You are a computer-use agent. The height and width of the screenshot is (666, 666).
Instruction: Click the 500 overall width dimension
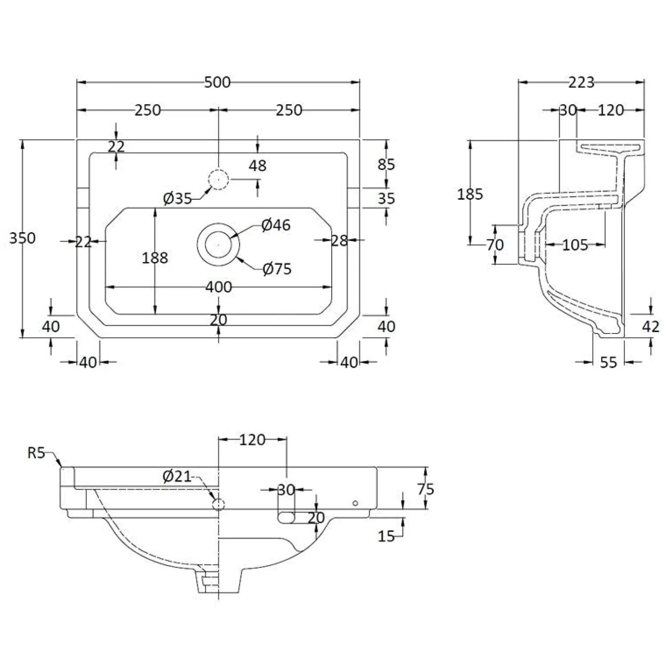(x=218, y=82)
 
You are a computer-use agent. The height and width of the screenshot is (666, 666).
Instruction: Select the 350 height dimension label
(x=22, y=238)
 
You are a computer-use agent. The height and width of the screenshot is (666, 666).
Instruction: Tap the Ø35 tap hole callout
(x=177, y=199)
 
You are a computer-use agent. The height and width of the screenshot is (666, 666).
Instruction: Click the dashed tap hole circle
(x=218, y=180)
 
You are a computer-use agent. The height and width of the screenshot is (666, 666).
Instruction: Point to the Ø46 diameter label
(x=276, y=225)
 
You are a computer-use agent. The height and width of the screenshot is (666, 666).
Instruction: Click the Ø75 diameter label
(x=277, y=269)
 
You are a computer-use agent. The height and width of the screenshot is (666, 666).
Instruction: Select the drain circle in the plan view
(x=218, y=245)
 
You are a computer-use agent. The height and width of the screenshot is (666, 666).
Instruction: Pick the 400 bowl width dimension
(x=218, y=287)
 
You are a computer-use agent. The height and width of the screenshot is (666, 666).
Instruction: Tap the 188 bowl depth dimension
(x=155, y=258)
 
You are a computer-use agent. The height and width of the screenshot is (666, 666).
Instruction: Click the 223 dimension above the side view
(x=581, y=82)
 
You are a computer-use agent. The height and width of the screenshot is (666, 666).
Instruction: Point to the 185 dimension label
(x=470, y=194)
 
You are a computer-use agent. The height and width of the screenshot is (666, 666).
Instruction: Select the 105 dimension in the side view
(x=575, y=245)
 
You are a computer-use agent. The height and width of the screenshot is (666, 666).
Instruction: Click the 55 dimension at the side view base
(x=608, y=362)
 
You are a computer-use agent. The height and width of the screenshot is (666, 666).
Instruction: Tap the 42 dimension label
(x=651, y=327)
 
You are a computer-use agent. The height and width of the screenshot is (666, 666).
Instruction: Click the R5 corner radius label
(x=36, y=453)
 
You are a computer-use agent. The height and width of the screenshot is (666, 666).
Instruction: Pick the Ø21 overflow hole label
(x=177, y=476)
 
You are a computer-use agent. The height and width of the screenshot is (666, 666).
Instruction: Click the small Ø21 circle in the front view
(x=218, y=504)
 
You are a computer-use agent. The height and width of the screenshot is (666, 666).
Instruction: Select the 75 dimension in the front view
(x=426, y=489)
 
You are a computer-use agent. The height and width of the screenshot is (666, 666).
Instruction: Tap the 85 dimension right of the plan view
(x=386, y=164)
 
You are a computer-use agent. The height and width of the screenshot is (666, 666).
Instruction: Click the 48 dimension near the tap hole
(x=258, y=165)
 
